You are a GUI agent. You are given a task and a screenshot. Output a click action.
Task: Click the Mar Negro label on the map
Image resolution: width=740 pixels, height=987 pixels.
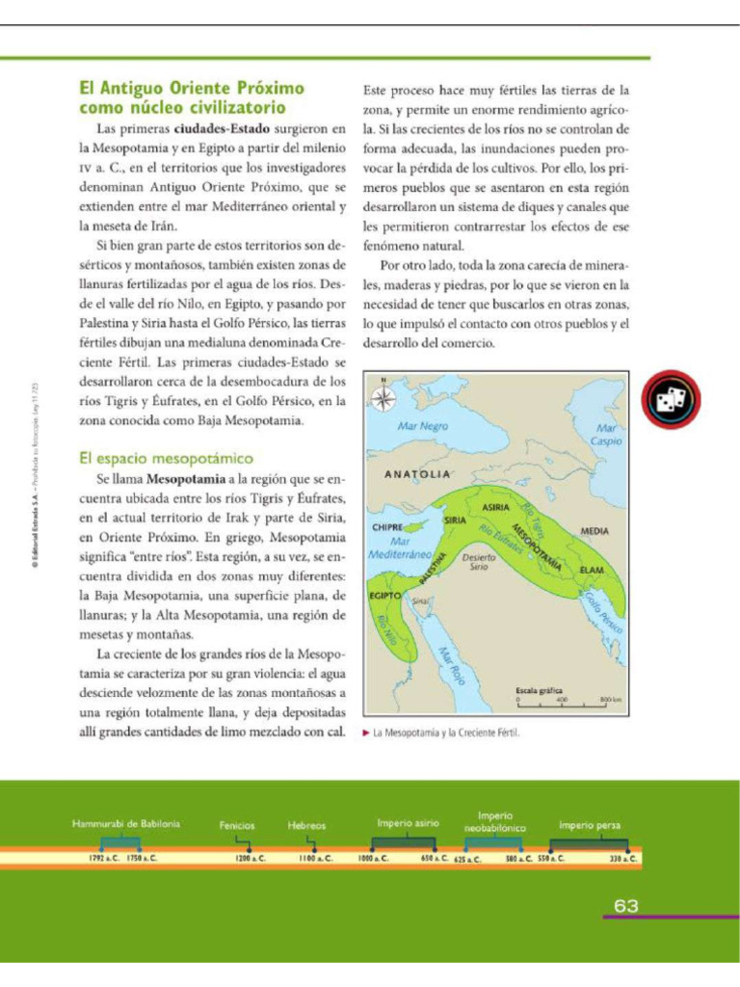423,425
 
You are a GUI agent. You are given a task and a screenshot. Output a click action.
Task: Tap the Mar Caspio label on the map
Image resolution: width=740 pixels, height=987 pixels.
606,434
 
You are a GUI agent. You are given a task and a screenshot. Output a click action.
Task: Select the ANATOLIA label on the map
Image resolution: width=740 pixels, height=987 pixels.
417,474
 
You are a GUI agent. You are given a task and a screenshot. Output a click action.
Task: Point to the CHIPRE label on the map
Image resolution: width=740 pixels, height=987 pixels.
386,528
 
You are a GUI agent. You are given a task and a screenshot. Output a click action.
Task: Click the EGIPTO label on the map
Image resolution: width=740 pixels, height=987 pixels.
385,597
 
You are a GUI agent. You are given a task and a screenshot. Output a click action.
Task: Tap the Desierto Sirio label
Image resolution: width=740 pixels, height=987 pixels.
479,562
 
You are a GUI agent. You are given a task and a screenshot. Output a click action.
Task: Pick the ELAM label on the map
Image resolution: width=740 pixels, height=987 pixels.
592,571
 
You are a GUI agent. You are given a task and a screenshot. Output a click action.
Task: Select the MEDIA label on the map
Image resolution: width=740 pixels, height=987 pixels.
595,531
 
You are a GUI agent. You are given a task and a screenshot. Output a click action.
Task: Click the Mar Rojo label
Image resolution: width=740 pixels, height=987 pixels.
452,666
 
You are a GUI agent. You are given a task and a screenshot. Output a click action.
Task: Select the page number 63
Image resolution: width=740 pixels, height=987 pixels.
626,906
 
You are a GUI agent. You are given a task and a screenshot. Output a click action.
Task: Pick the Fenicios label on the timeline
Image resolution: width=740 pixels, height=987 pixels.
237,825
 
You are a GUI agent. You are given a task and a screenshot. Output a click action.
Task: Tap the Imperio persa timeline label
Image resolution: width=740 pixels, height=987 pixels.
590,825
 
